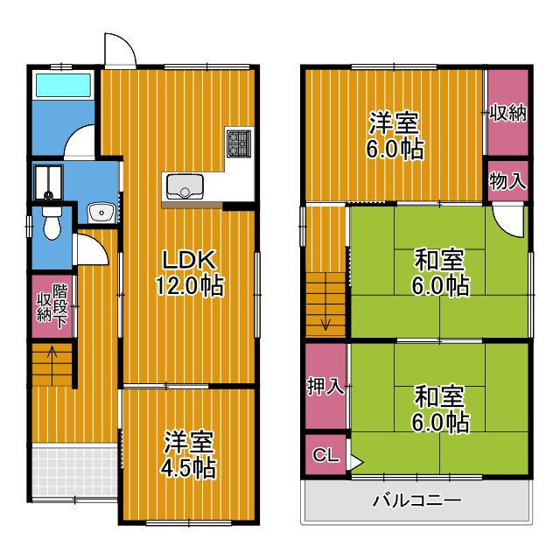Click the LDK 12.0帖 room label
(x=191, y=272)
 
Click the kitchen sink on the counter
(x=184, y=186)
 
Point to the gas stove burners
(x=238, y=143)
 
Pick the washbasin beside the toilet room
(x=101, y=212)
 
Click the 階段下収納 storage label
(x=52, y=302)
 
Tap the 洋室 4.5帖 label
(x=189, y=453)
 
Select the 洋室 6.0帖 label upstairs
(x=394, y=135)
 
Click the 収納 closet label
(x=507, y=113)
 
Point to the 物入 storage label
(x=507, y=182)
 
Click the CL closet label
(x=325, y=456)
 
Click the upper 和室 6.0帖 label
(x=440, y=272)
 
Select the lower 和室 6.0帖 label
(x=440, y=409)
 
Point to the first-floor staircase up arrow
(x=52, y=355)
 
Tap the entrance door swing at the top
(x=120, y=50)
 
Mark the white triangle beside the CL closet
(x=354, y=457)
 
